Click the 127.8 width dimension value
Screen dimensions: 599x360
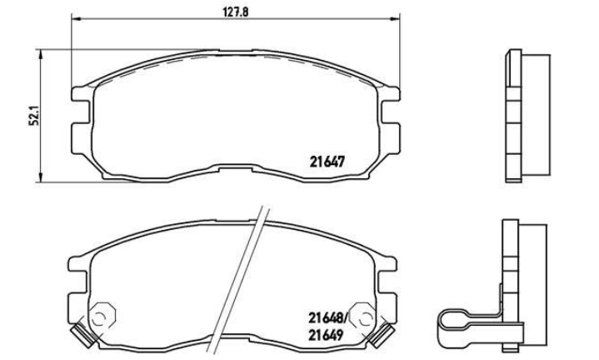tap(235, 12)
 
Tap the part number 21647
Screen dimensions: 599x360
tap(327, 162)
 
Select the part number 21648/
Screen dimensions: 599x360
tap(328, 317)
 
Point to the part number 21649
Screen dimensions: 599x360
tap(326, 335)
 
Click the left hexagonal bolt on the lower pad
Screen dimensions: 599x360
tap(102, 314)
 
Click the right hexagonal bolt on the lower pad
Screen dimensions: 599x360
tap(363, 315)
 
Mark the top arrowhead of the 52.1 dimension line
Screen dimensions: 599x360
tap(40, 55)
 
